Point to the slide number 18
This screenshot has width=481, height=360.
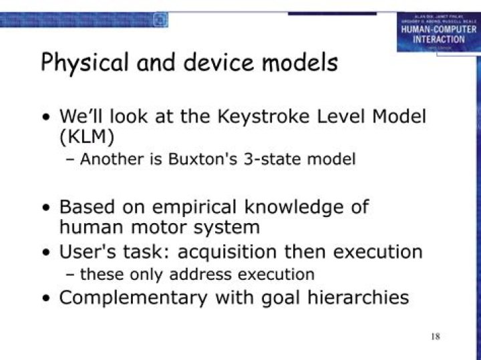[435, 335]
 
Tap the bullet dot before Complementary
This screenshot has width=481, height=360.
[45, 298]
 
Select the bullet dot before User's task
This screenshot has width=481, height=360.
[45, 253]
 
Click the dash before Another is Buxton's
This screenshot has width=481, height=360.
[71, 160]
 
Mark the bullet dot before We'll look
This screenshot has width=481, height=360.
[45, 117]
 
